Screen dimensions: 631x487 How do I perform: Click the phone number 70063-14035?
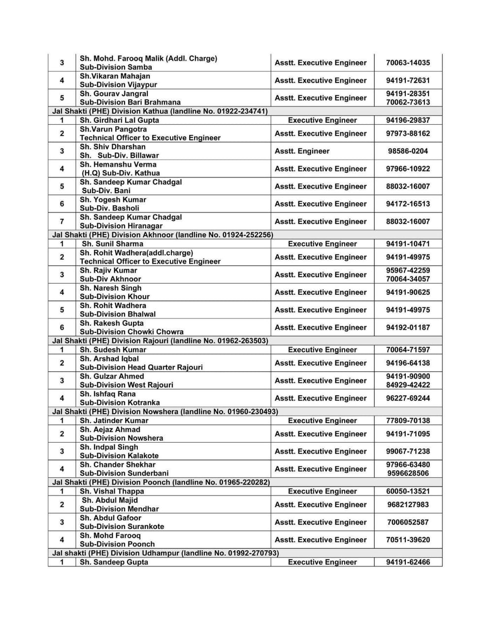coord(408,63)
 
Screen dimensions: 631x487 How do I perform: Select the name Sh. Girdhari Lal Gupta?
coord(119,120)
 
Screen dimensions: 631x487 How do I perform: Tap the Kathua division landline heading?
coord(160,111)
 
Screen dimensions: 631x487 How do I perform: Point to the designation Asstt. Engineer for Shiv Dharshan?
coord(302,151)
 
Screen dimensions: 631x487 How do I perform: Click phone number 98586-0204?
coord(408,151)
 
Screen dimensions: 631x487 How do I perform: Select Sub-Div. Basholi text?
coord(110,208)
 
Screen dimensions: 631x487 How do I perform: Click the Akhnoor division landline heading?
coord(162,235)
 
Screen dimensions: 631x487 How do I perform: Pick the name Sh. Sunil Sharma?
coord(112,244)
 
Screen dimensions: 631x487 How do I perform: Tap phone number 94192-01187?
coord(408,327)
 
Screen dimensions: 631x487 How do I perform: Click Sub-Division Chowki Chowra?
coord(131,332)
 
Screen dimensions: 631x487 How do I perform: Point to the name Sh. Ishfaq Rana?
coord(107,394)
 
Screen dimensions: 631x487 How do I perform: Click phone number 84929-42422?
coord(408,385)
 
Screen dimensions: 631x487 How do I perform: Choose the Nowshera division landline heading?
coord(165,412)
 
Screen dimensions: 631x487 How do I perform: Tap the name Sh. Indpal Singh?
coord(109,447)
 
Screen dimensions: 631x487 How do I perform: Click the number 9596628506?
coord(408,473)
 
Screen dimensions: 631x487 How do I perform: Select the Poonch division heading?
coord(161,482)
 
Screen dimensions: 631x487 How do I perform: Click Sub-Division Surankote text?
coord(122,526)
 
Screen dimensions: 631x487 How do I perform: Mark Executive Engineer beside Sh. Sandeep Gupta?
coord(322,562)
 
